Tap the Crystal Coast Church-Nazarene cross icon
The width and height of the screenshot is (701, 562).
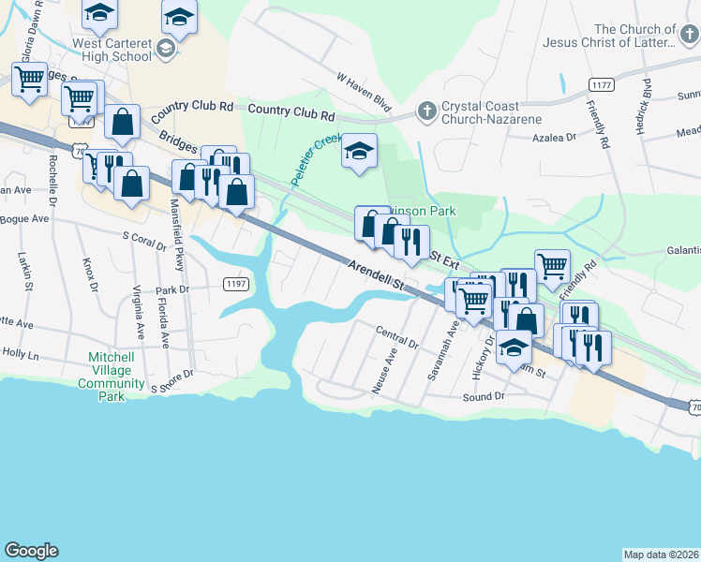426,111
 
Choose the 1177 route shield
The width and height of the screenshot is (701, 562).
602,85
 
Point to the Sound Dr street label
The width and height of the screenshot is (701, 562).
484,397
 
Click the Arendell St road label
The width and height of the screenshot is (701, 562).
373,274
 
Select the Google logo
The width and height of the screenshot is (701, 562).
31,551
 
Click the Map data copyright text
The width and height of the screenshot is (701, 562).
662,555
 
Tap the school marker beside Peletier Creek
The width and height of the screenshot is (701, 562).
359,152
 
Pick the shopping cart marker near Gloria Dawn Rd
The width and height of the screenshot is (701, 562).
30,79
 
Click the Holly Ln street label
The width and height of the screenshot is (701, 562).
20,355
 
